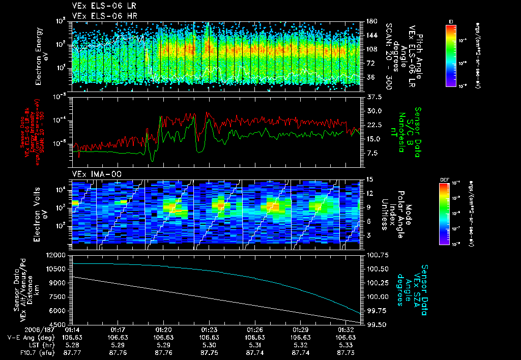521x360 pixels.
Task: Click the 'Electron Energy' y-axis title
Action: pyautogui.click(x=42, y=52)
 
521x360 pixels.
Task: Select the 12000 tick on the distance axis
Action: pyautogui.click(x=56, y=254)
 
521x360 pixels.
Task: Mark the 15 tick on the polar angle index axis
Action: pyautogui.click(x=369, y=179)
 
